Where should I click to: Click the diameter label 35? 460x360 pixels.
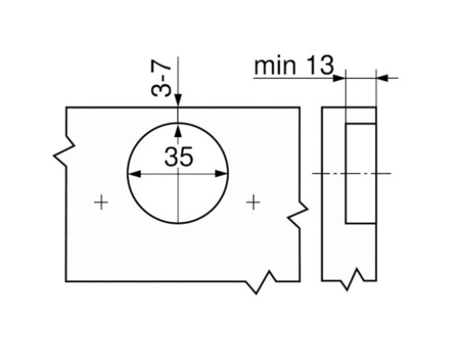tap(179, 157)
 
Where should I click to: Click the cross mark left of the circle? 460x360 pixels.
tap(101, 202)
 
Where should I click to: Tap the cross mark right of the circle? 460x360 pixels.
tap(253, 202)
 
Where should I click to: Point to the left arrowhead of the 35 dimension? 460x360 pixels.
tap(135, 174)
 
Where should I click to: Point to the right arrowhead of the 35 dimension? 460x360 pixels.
tap(221, 174)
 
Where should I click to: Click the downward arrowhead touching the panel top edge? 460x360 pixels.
tap(178, 100)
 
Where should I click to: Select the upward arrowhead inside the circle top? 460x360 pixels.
tap(178, 130)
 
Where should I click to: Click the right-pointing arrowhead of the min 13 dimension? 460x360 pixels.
tap(339, 78)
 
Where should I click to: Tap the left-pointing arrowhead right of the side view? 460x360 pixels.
tap(383, 78)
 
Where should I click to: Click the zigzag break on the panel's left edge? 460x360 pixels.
tap(64, 151)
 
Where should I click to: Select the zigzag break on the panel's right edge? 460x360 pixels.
tap(298, 214)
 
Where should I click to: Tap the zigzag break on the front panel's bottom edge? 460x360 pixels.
tap(261, 282)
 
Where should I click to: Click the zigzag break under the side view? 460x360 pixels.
tap(352, 279)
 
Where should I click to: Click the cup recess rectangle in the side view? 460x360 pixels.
tap(361, 173)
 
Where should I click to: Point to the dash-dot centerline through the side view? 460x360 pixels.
tap(351, 173)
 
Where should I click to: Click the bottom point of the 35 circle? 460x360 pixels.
tap(178, 223)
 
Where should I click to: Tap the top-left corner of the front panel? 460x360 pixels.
tap(66, 108)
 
